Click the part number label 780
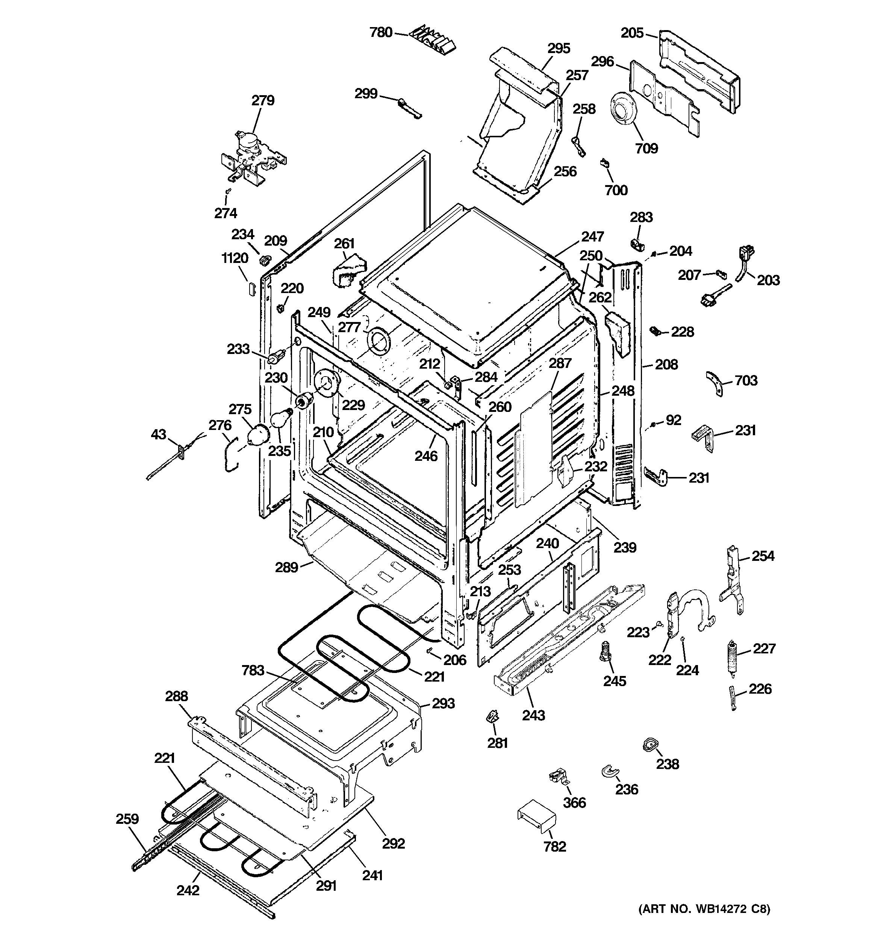point(380,32)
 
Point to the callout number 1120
point(235,258)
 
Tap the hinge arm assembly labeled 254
point(733,580)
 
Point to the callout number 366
point(574,802)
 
